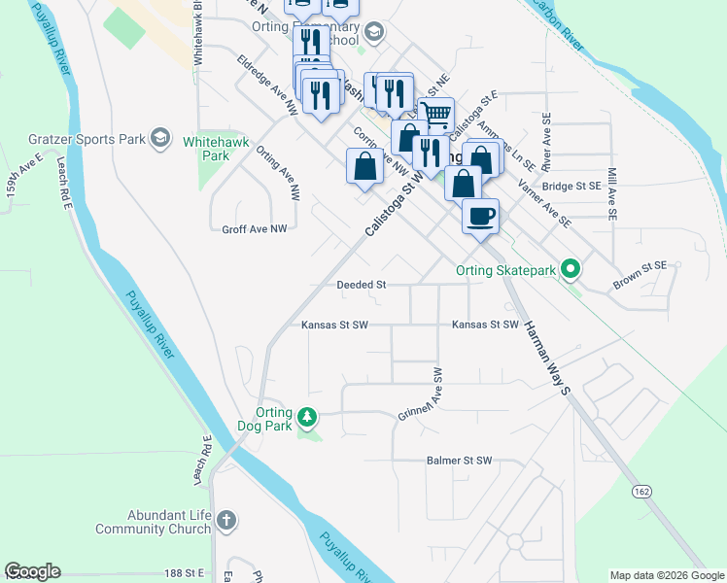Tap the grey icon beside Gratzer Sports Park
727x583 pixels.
[x=160, y=138]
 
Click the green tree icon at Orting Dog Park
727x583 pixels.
[x=307, y=418]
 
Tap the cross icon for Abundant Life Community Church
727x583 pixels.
[x=226, y=521]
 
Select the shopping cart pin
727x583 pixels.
[x=436, y=115]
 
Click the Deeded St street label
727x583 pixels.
[x=362, y=285]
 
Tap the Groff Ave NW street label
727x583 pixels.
[x=255, y=229]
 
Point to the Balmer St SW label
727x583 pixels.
[x=460, y=461]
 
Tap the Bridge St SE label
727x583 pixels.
[x=571, y=186]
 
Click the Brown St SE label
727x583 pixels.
[x=640, y=275]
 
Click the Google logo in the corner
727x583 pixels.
[x=32, y=571]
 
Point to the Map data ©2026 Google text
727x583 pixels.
[x=667, y=575]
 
